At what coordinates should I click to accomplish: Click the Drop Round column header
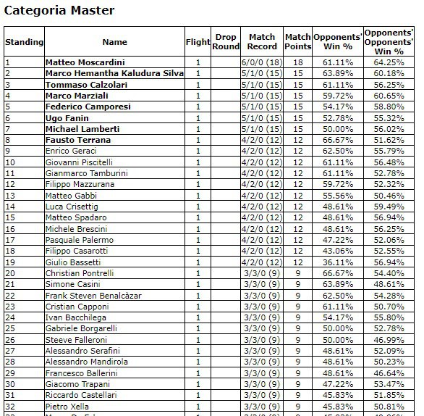pyautogui.click(x=226, y=42)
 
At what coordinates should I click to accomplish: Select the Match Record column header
pyautogui.click(x=262, y=42)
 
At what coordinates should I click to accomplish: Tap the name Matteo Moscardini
pyautogui.click(x=85, y=62)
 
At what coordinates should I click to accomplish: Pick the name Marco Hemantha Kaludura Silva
pyautogui.click(x=114, y=73)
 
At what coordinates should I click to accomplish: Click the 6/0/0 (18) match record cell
pyautogui.click(x=262, y=62)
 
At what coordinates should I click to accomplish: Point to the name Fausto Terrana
pyautogui.click(x=77, y=140)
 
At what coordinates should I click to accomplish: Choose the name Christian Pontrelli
pyautogui.click(x=80, y=273)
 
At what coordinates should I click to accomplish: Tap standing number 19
pyautogui.click(x=10, y=262)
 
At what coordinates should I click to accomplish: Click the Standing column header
pyautogui.click(x=24, y=42)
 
